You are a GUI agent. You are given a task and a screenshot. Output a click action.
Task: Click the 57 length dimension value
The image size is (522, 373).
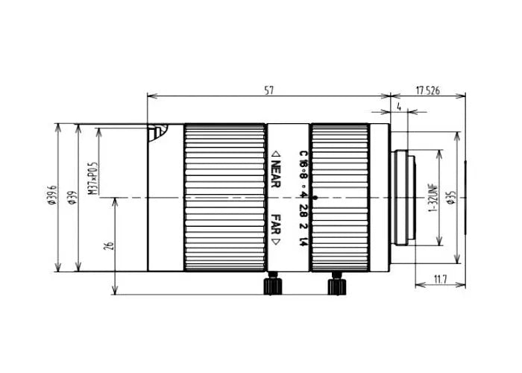tap(269, 90)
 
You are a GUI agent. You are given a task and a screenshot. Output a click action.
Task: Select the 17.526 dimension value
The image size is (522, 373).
tap(427, 90)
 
